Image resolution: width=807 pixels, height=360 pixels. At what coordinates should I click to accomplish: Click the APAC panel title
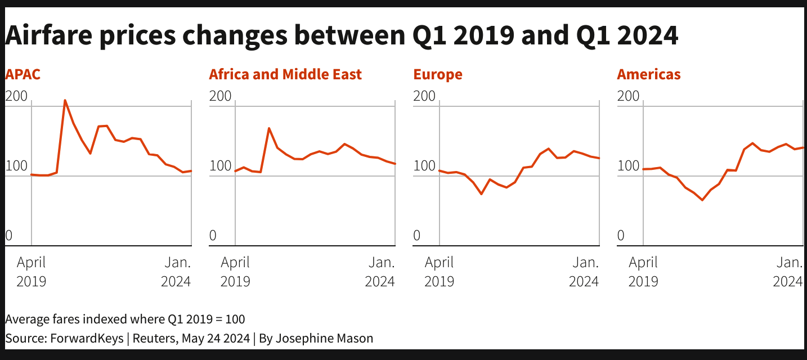(23, 74)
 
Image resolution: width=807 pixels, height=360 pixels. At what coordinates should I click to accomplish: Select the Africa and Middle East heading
(285, 74)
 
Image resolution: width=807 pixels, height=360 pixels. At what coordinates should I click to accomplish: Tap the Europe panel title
(437, 74)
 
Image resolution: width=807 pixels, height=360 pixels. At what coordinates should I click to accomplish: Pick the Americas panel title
(648, 74)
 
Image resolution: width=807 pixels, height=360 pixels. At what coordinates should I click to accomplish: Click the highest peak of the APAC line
(65, 101)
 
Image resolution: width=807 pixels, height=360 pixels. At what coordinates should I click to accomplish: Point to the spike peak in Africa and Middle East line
(269, 128)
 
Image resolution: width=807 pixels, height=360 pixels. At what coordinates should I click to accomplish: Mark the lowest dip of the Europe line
(481, 194)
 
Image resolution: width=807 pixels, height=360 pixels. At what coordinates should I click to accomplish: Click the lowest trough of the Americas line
(702, 200)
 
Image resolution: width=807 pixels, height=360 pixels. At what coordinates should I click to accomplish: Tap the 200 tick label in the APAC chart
(16, 96)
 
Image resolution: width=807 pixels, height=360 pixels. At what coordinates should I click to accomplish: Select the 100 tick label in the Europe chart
(424, 166)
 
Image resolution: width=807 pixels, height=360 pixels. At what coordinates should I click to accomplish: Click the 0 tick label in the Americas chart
(621, 236)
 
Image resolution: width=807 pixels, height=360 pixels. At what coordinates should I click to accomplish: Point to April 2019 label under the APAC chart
(31, 271)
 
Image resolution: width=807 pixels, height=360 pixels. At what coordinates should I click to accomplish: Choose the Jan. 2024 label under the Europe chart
(585, 271)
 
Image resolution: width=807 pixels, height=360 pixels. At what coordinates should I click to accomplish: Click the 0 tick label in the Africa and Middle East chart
(213, 236)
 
